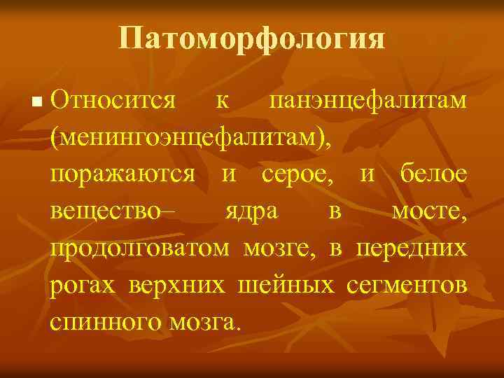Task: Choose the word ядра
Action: (251, 213)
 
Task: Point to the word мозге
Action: (282, 248)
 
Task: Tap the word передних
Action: (412, 248)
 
